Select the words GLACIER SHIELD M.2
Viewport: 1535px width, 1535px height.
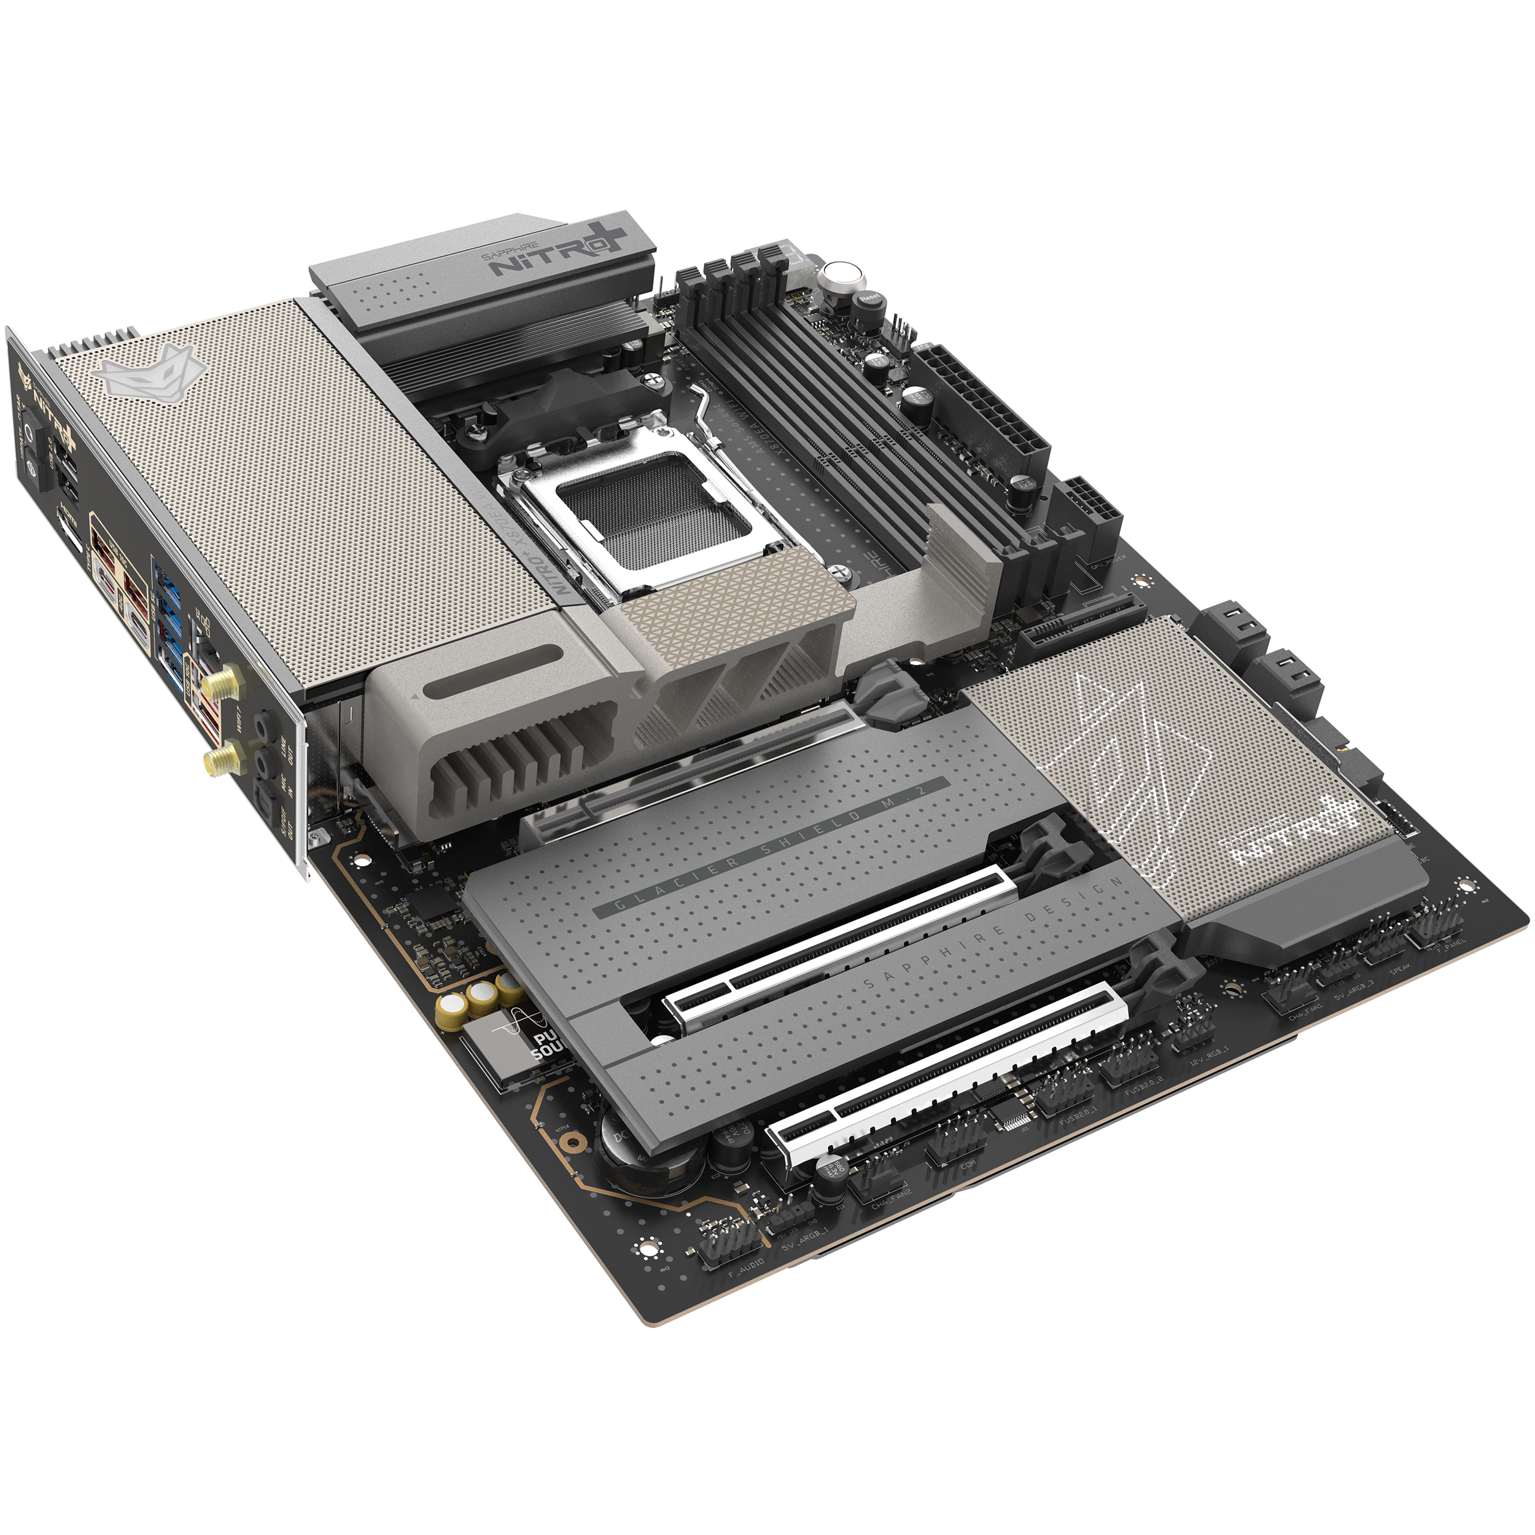(x=771, y=847)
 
